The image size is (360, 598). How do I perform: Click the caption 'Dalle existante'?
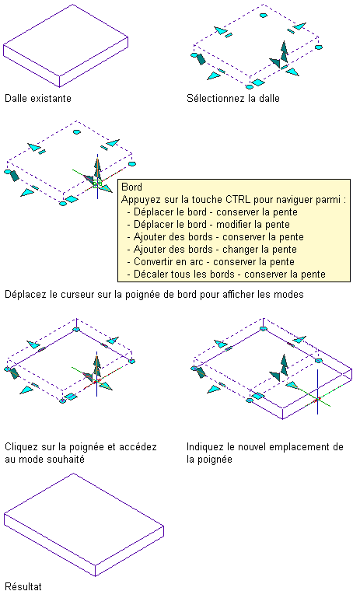click(x=38, y=99)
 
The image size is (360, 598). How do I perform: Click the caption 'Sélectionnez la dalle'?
click(x=233, y=99)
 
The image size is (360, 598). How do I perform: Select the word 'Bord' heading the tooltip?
click(x=131, y=187)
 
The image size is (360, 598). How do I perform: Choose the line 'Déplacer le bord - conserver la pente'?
click(x=215, y=212)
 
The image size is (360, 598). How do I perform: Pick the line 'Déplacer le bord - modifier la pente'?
click(x=211, y=225)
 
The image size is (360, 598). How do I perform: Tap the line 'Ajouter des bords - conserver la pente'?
click(x=218, y=237)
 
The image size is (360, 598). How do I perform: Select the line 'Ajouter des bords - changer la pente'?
click(x=215, y=250)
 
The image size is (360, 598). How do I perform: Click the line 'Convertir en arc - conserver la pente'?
click(x=214, y=262)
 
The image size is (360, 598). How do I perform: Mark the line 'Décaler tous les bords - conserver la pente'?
click(x=229, y=275)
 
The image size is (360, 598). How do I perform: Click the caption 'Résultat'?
click(x=23, y=586)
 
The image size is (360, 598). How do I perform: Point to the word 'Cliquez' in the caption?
click(x=20, y=447)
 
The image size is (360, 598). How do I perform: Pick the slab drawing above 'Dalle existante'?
click(x=65, y=46)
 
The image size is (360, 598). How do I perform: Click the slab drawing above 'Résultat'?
click(x=84, y=525)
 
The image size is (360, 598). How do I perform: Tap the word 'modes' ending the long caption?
click(x=291, y=295)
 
